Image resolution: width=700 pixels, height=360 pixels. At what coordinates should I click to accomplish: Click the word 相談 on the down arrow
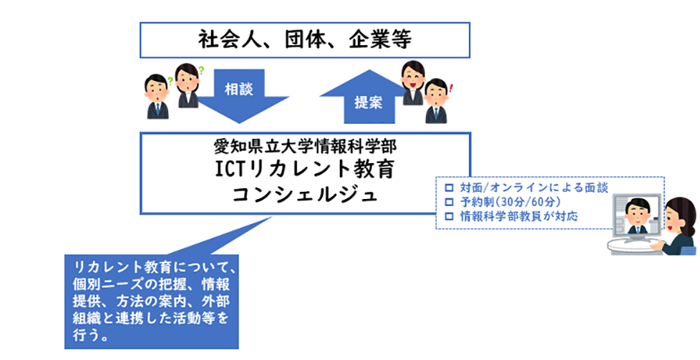tap(239, 89)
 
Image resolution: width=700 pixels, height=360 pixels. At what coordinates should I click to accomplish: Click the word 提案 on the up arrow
tap(369, 102)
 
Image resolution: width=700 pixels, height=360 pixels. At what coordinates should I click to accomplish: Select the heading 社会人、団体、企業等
tap(305, 40)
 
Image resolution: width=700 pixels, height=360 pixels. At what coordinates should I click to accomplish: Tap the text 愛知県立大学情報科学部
tap(305, 146)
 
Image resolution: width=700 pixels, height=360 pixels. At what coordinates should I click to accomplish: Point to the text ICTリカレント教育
tap(305, 170)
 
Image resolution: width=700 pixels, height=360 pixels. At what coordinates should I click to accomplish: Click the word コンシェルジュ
tap(306, 195)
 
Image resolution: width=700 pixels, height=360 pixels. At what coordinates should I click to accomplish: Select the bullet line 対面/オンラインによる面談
tap(534, 188)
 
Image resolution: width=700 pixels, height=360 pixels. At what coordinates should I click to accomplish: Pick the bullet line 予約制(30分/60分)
tap(510, 202)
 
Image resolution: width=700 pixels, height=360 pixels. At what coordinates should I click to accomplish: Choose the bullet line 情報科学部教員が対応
tap(519, 217)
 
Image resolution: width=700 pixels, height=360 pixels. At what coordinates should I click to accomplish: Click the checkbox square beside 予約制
tap(449, 202)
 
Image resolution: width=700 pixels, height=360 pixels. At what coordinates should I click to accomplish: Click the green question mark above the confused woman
tap(201, 70)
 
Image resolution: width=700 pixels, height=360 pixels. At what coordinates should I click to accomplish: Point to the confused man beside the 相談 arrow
tap(157, 97)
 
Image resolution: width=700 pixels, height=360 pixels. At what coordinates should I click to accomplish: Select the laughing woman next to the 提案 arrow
tap(412, 83)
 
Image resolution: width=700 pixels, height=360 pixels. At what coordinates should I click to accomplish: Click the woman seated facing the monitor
tap(676, 226)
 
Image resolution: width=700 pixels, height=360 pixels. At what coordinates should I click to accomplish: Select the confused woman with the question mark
tap(188, 85)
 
